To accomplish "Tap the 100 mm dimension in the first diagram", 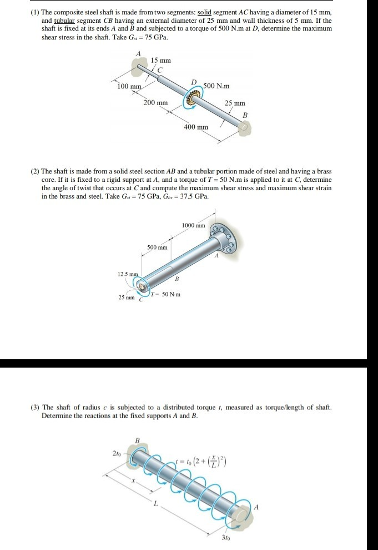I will point(129,87).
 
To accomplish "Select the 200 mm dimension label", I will point(155,103).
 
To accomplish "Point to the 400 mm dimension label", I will point(196,127).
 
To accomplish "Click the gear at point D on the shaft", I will point(193,98).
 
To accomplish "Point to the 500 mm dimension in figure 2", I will point(158,247).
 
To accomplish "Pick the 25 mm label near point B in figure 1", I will point(235,103).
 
